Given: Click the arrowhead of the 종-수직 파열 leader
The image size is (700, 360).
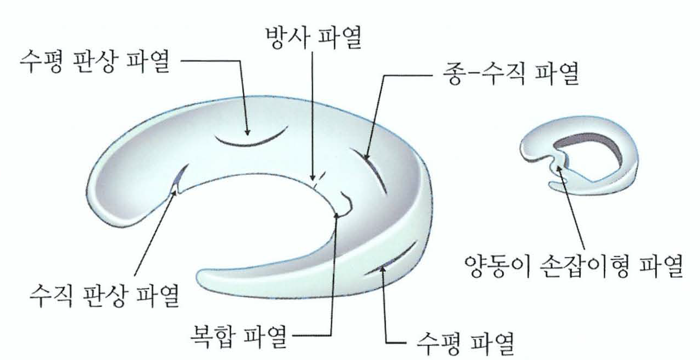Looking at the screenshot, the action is point(366,158).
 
